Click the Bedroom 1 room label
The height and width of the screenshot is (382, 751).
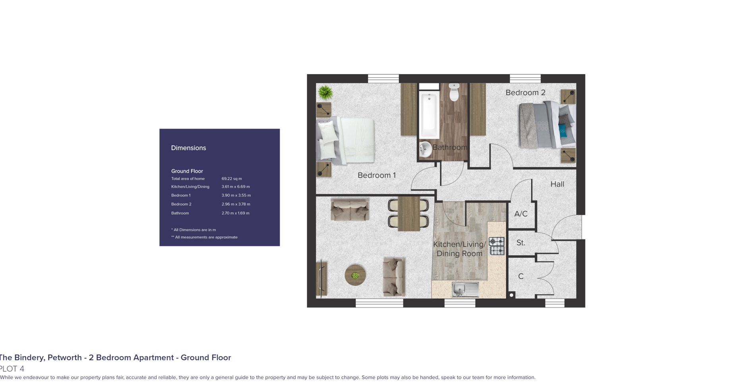376,175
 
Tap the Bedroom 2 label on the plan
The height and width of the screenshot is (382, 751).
525,93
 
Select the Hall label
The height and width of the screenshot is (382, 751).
557,184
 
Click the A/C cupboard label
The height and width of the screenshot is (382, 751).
521,214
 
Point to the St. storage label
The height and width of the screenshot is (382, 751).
521,243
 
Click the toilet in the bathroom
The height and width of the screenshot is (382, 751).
454,92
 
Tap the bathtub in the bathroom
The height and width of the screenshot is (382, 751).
429,116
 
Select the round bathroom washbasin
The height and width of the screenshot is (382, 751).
426,150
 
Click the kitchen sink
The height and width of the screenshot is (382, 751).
465,289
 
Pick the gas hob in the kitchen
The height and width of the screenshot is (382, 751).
497,246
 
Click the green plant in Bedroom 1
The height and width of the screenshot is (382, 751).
325,93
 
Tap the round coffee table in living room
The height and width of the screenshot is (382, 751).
355,275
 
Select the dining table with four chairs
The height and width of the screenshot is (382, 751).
408,214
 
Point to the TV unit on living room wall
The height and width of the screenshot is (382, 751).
321,280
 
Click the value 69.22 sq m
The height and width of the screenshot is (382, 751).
232,179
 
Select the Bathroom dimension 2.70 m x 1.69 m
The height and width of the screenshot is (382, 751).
236,213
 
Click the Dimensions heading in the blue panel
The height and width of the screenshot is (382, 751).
188,148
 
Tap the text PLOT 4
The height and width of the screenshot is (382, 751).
12,369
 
